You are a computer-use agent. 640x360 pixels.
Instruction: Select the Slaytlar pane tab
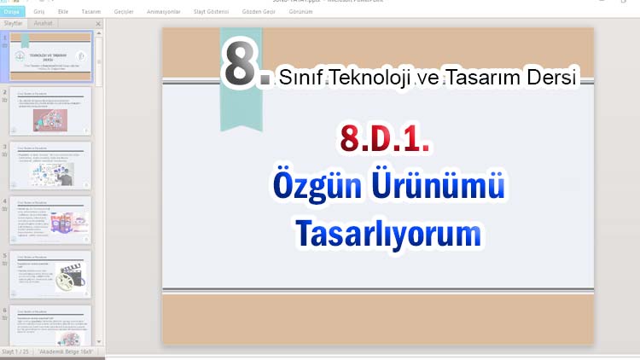point(14,24)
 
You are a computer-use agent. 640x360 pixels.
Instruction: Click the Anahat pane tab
point(43,24)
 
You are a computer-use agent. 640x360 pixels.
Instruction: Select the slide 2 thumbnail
point(50,110)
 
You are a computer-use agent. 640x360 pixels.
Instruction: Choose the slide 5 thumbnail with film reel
point(50,274)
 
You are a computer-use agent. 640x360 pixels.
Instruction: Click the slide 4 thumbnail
point(50,219)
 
